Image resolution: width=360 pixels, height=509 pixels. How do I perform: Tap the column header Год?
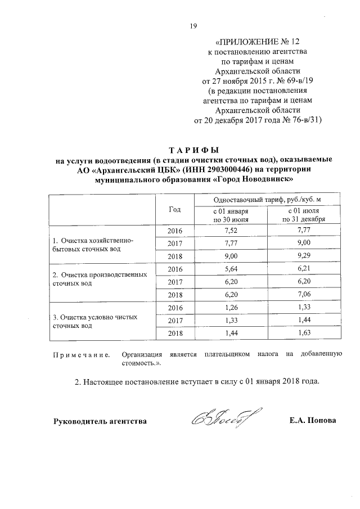[174, 209]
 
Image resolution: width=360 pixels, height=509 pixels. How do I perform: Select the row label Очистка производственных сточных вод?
[100, 279]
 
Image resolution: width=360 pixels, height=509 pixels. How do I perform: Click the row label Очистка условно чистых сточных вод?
[96, 321]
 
